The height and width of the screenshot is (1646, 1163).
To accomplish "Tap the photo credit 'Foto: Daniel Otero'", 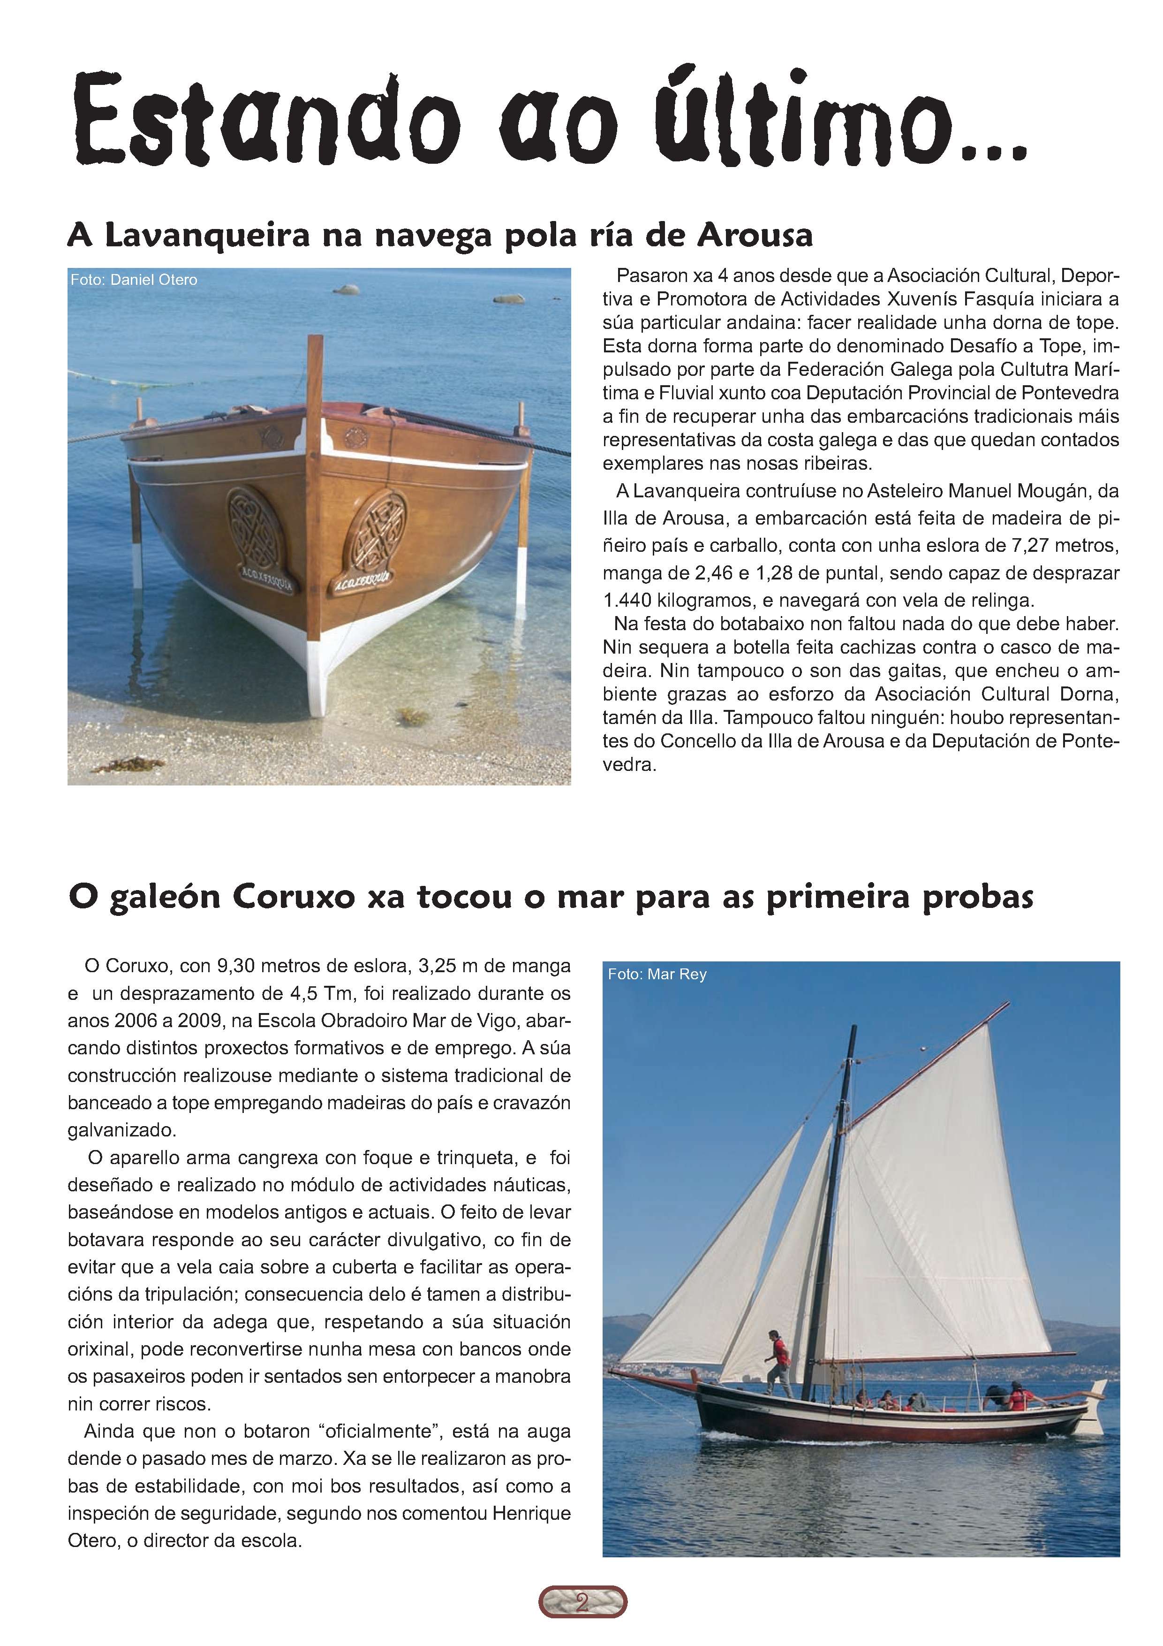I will (x=133, y=280).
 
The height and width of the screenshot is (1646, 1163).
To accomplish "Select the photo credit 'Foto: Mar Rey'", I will (x=657, y=974).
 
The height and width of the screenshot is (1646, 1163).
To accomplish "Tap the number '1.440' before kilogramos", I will (x=627, y=599).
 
